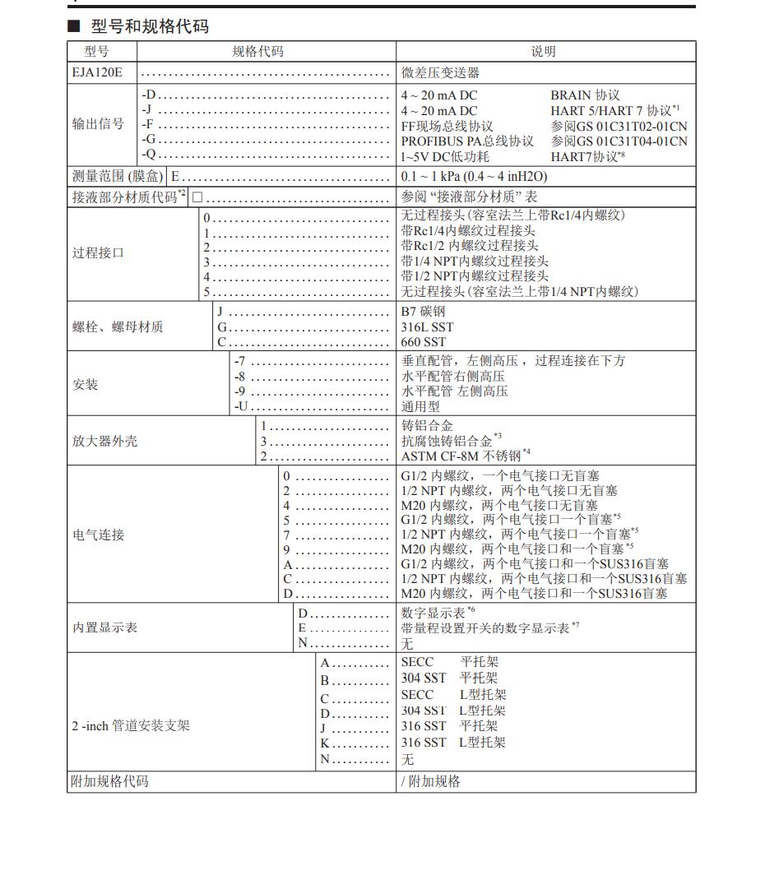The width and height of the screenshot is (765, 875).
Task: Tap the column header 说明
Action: [x=543, y=51]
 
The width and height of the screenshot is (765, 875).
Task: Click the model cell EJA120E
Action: [x=97, y=72]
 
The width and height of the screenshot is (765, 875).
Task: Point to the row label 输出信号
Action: [x=98, y=124]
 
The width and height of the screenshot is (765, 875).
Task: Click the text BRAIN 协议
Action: [x=585, y=95]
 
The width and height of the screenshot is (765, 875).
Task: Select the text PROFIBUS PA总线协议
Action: [x=467, y=141]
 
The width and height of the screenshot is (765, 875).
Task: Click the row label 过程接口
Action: [x=98, y=252]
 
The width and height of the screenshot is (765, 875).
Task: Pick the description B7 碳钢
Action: [x=423, y=312]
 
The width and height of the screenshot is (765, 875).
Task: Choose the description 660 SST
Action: [x=423, y=341]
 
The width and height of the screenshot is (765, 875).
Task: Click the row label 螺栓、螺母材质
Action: [x=118, y=326]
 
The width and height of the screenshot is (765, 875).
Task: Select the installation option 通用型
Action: [x=420, y=406]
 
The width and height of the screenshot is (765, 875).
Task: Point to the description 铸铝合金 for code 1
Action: [x=427, y=425]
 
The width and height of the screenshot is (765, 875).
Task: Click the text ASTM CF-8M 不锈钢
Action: [x=461, y=456]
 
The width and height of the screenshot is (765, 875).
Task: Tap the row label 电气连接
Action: [x=98, y=535]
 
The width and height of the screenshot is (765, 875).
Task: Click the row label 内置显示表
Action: [x=104, y=627]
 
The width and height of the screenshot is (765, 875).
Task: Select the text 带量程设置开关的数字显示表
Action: [x=485, y=627]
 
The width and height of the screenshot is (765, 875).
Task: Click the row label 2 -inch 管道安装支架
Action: [x=130, y=726]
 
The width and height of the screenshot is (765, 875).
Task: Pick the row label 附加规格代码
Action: [x=110, y=781]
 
